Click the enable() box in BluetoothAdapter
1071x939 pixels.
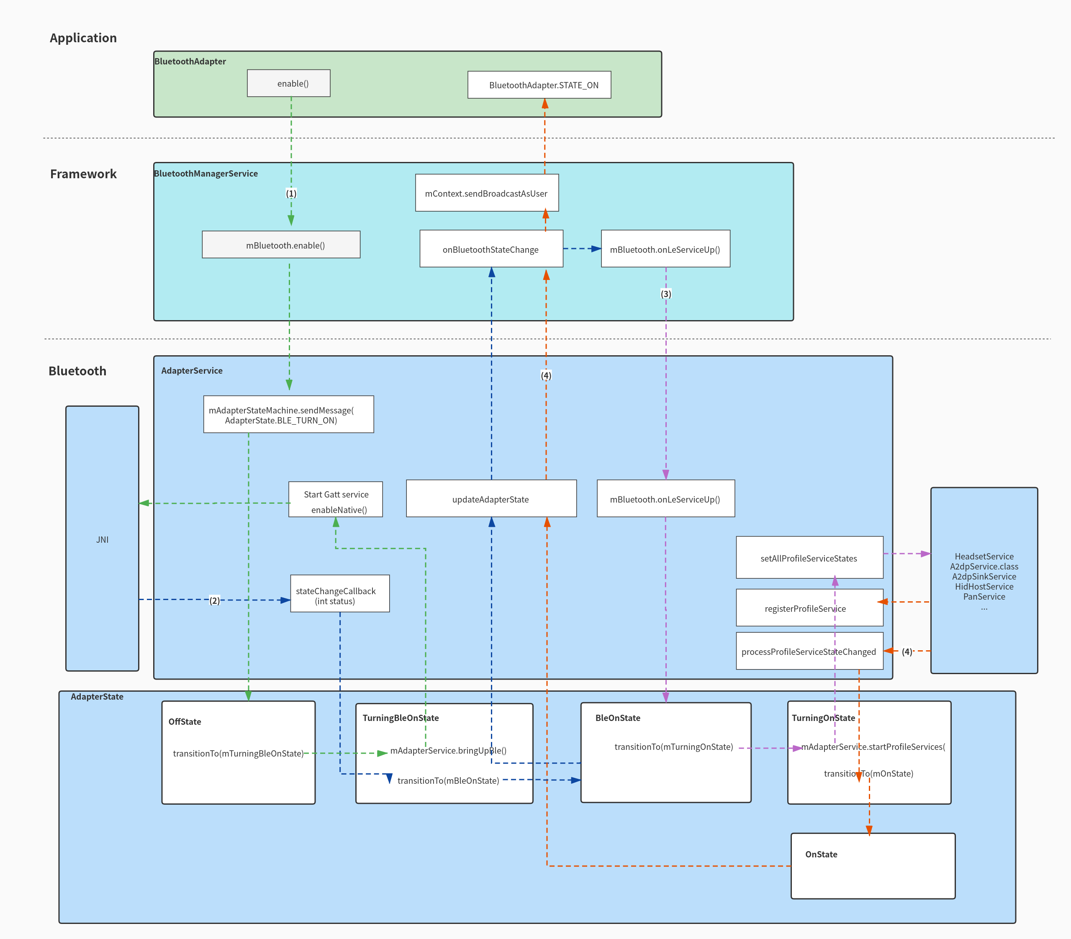coord(289,83)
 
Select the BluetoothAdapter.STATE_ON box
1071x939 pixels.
coord(539,85)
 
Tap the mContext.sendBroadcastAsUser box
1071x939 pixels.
coord(487,193)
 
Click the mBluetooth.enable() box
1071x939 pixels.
coord(281,245)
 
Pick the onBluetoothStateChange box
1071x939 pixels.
coord(491,249)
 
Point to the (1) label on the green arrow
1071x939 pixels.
coord(291,193)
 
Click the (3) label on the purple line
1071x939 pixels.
coord(666,294)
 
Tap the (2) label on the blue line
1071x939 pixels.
coord(215,600)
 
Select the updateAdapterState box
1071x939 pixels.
coord(491,499)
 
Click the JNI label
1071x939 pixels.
coord(102,539)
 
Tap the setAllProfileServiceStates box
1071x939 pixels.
coord(809,557)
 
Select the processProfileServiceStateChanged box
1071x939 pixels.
coord(809,652)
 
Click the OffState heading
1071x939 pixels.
coord(185,721)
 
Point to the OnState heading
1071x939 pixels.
coord(821,854)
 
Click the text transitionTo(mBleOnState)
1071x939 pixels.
coord(449,780)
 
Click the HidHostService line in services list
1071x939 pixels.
coord(984,586)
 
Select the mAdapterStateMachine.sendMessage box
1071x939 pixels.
coord(288,415)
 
